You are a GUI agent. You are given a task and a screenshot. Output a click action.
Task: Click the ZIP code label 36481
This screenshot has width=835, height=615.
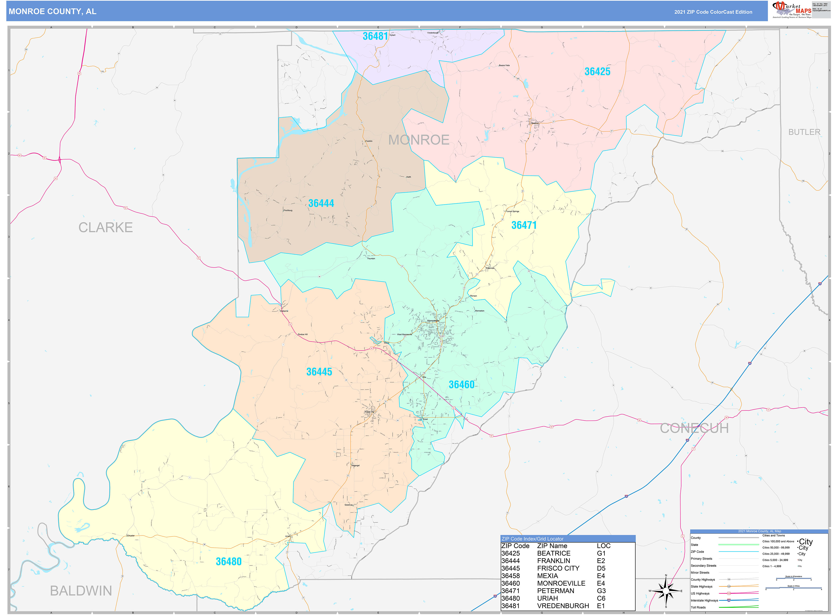tap(375, 36)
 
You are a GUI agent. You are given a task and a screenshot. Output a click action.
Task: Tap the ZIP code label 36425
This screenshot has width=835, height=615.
tap(597, 71)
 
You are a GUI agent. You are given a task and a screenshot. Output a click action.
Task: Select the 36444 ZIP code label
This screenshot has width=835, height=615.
tap(321, 203)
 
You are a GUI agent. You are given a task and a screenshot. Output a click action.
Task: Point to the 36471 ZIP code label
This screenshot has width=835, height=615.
tap(524, 225)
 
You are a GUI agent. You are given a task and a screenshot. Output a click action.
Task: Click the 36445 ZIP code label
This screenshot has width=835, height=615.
tap(319, 372)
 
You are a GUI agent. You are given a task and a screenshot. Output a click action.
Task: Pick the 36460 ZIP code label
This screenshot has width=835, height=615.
tap(461, 385)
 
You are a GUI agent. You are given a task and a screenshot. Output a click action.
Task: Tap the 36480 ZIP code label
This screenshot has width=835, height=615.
tap(229, 561)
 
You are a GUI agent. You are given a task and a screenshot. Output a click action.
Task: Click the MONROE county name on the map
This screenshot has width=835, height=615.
tap(419, 140)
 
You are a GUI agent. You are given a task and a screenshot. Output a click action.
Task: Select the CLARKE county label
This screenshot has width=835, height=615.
tap(105, 228)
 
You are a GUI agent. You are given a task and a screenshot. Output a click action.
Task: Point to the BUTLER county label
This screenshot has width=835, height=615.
tap(804, 132)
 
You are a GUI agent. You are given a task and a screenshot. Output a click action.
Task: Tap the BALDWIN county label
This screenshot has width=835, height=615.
tap(81, 591)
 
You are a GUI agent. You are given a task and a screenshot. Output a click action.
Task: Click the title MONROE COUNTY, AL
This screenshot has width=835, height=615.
tap(53, 12)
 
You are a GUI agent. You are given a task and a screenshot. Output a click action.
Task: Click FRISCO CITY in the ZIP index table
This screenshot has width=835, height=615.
tap(558, 568)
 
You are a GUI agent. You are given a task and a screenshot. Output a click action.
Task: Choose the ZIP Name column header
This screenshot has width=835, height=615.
tap(552, 546)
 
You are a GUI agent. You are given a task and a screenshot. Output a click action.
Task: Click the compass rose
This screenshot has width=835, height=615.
tap(666, 591)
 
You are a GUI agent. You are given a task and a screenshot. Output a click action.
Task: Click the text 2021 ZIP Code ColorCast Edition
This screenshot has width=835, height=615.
tap(713, 12)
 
